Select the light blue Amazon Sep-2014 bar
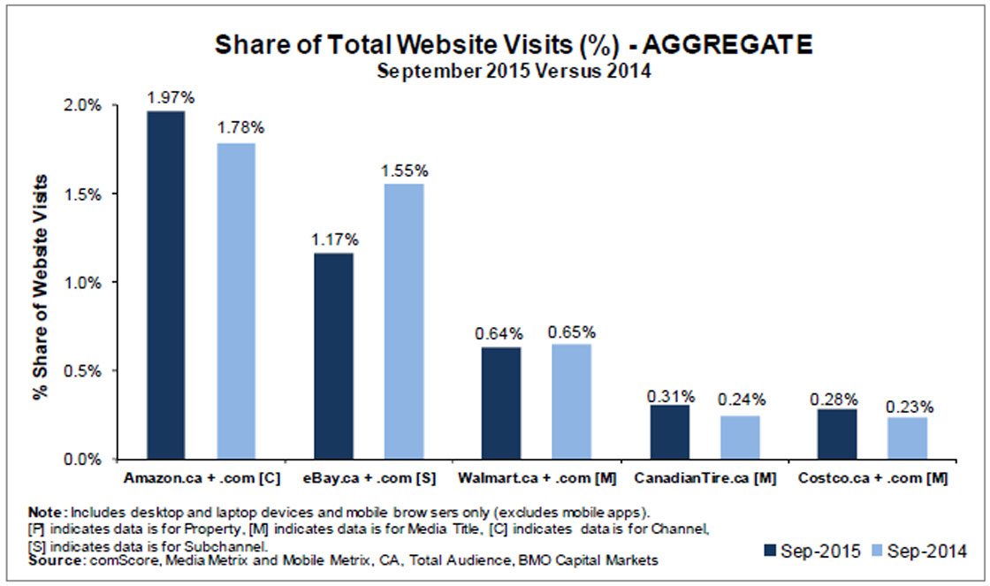[235, 301]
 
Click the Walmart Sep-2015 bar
[501, 403]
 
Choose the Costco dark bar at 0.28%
[837, 434]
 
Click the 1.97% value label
[166, 95]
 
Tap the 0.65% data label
[571, 332]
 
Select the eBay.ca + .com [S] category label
[365, 478]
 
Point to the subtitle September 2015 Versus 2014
[514, 72]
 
